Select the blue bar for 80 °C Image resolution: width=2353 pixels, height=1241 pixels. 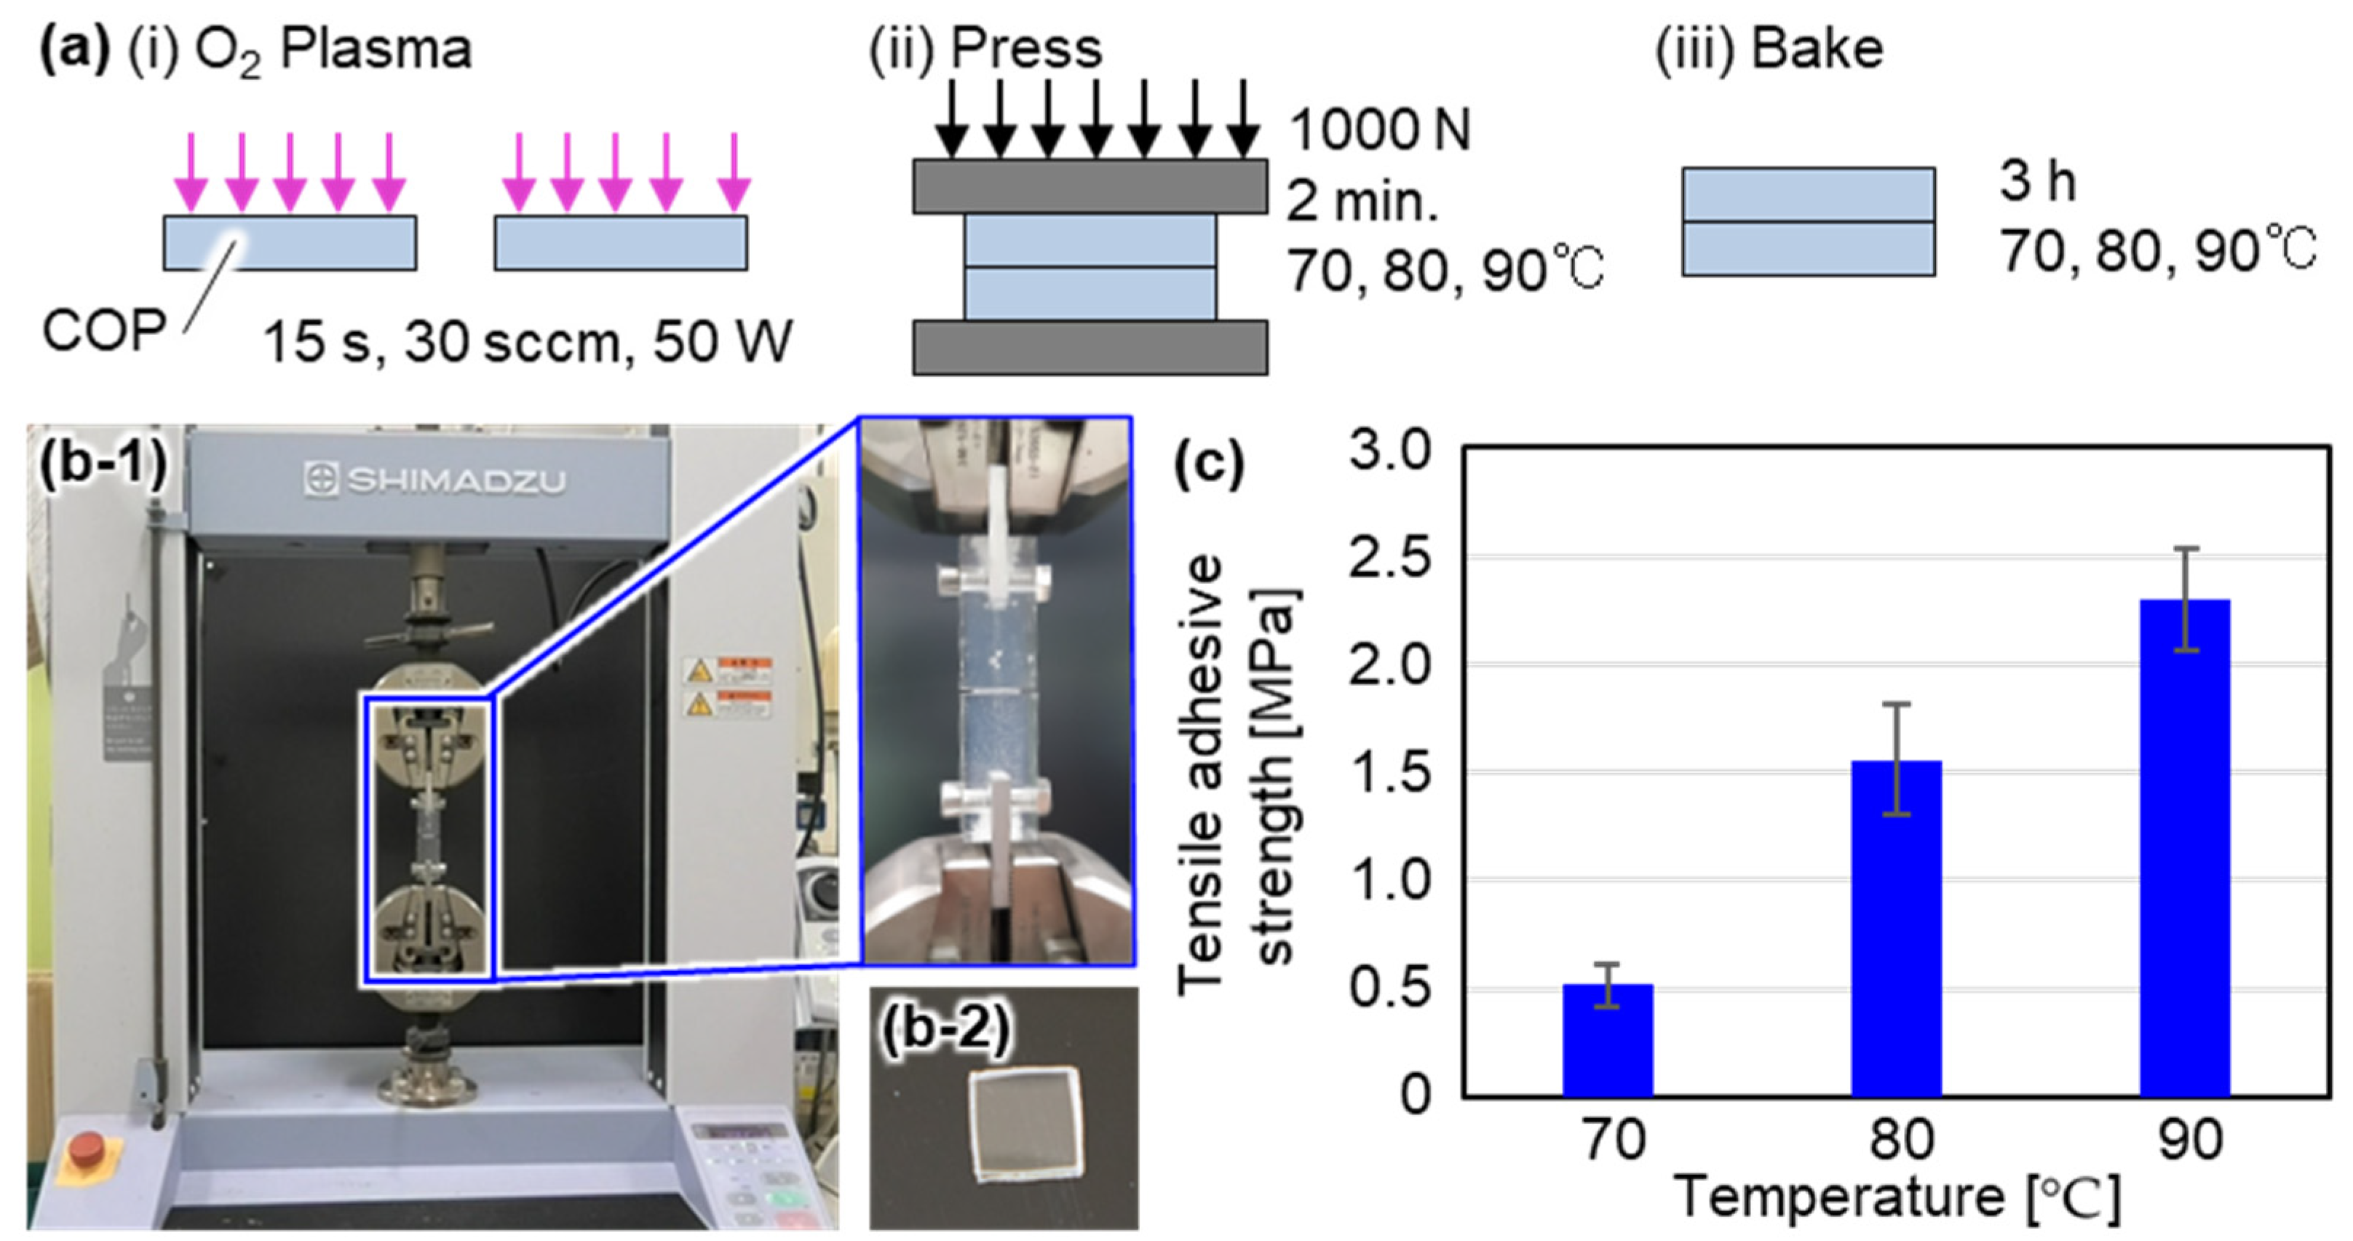pyautogui.click(x=1895, y=927)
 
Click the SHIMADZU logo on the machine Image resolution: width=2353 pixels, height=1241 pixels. pyautogui.click(x=435, y=480)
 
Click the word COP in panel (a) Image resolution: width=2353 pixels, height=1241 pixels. pyautogui.click(x=103, y=330)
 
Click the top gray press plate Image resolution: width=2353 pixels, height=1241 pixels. pyautogui.click(x=1090, y=186)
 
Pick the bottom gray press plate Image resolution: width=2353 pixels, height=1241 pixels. pyautogui.click(x=1090, y=347)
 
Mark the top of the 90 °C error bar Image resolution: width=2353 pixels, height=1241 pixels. pyautogui.click(x=2185, y=548)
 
